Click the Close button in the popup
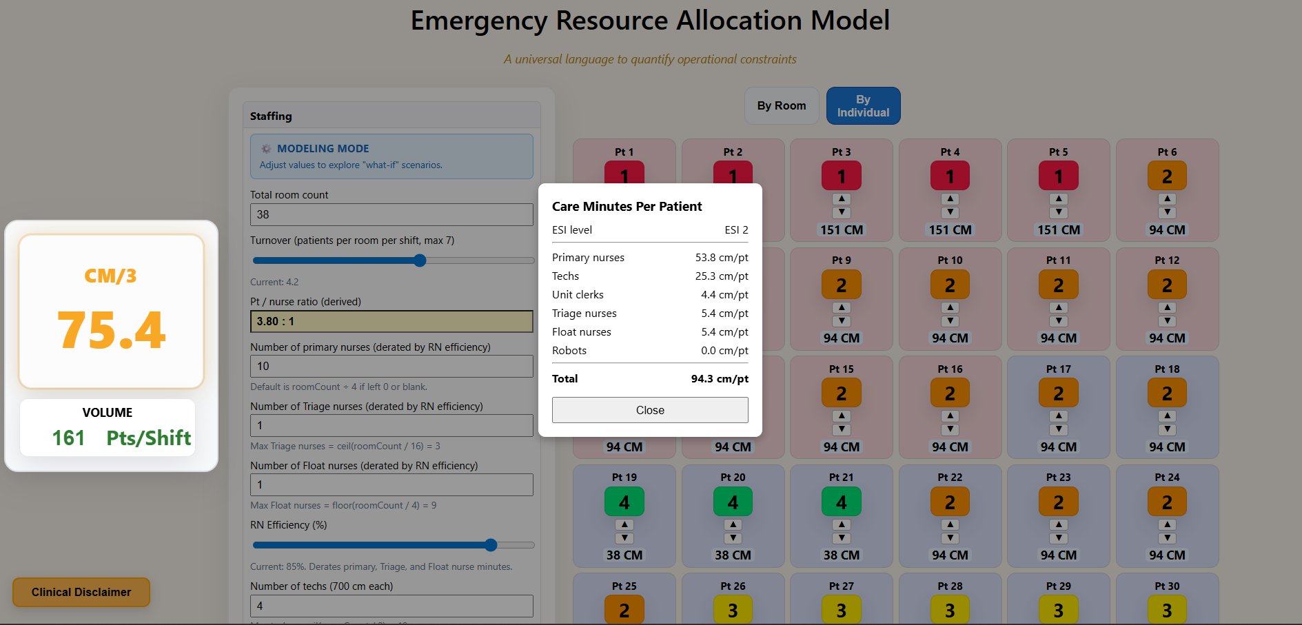point(650,410)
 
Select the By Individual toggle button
point(863,106)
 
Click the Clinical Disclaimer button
point(81,592)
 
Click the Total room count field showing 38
point(391,214)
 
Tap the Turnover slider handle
point(420,260)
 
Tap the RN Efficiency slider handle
point(491,545)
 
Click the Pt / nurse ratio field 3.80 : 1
point(391,321)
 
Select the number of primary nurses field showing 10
point(391,366)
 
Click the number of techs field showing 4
point(391,606)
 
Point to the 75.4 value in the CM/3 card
point(111,330)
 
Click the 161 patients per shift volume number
point(68,438)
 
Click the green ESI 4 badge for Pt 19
point(624,502)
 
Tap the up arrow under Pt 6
point(1167,198)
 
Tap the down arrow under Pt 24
point(1167,538)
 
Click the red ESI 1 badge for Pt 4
point(950,176)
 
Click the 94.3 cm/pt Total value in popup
point(719,379)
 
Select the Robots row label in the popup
point(569,351)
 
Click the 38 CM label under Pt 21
point(841,555)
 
